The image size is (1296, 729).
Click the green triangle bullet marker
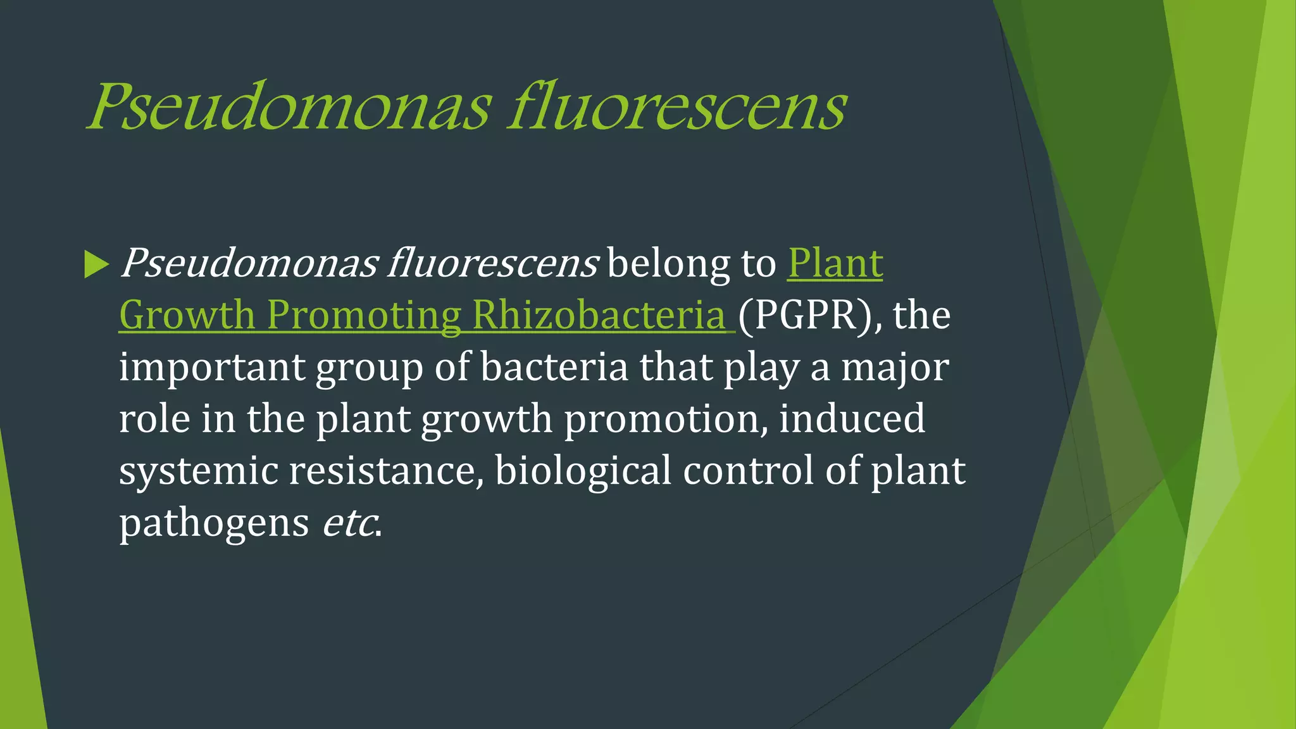[x=96, y=265]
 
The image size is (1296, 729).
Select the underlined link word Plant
[x=835, y=263]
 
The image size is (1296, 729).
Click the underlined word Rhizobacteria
[x=599, y=315]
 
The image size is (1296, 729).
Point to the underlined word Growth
[x=187, y=315]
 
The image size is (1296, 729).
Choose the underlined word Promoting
[x=363, y=315]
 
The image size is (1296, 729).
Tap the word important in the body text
[x=212, y=368]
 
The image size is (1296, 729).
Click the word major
[x=895, y=368]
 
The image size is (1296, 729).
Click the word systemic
[x=198, y=471]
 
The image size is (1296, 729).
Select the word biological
[x=583, y=471]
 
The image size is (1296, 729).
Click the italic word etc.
[x=350, y=523]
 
